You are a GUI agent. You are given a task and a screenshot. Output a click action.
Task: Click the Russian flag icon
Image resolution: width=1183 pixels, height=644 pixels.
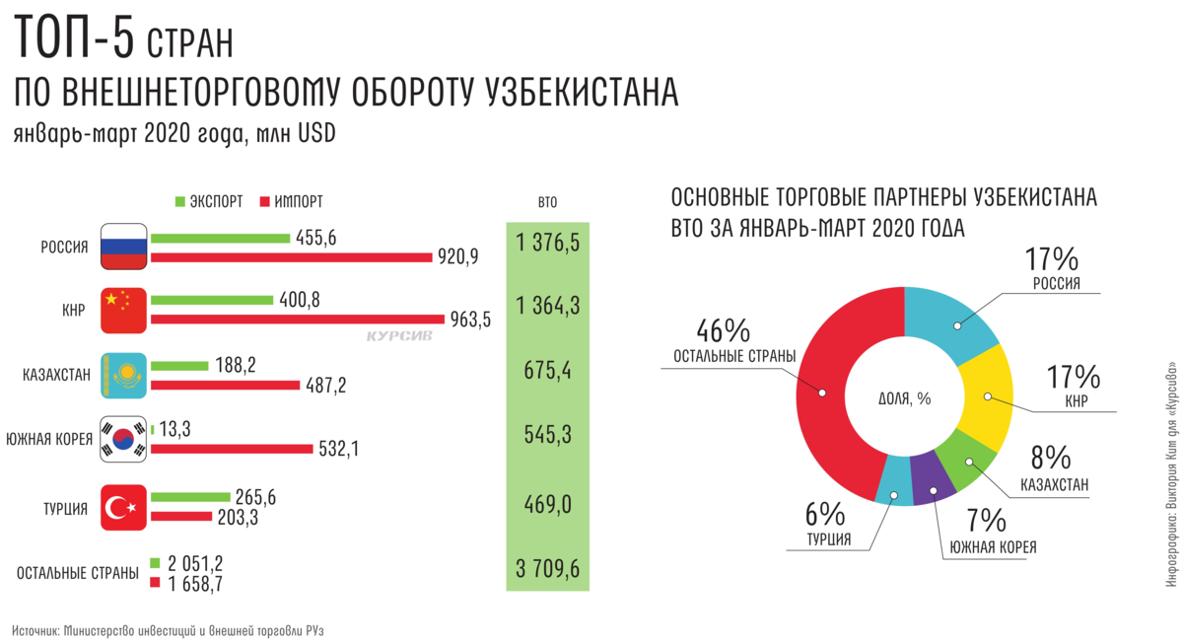124,247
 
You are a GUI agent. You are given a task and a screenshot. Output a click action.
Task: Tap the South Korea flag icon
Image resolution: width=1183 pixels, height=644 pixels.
124,439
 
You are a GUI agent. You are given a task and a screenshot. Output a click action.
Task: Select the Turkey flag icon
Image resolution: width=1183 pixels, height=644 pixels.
124,508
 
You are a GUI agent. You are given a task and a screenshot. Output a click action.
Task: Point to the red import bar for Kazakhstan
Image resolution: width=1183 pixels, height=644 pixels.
226,385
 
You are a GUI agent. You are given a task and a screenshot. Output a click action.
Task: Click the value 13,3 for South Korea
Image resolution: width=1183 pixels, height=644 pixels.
178,427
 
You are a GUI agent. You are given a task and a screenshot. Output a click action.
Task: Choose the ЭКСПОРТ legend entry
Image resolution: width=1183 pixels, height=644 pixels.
209,201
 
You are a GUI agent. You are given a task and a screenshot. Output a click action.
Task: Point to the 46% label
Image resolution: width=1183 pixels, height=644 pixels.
724,330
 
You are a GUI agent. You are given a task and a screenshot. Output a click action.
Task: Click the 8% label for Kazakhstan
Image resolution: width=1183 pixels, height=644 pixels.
1051,458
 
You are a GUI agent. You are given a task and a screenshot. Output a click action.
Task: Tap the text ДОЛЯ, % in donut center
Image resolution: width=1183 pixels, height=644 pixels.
904,398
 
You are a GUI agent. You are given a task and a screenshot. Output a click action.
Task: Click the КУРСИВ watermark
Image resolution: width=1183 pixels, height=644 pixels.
399,335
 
